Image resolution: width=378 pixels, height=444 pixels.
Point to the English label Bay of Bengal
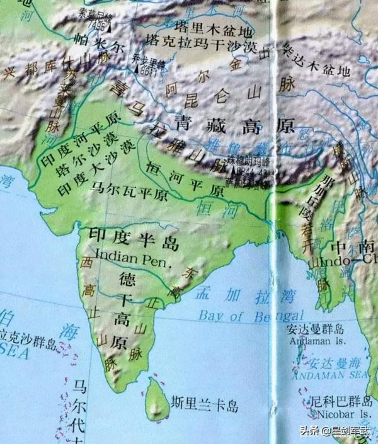pos(251,315)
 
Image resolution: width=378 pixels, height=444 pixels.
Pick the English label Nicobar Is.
pos(338,414)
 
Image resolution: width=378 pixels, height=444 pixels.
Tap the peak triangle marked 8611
pos(135,67)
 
